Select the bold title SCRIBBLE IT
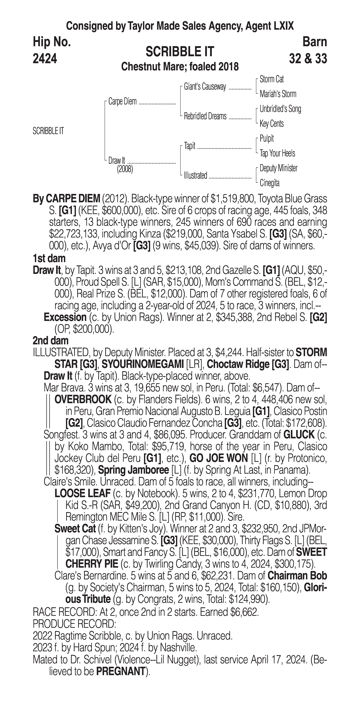tap(180, 52)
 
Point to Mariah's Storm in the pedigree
tap(278, 94)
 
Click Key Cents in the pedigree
tap(272, 124)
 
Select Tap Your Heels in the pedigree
tap(277, 153)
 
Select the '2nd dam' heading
tap(51, 340)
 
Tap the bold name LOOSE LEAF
tap(83, 493)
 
